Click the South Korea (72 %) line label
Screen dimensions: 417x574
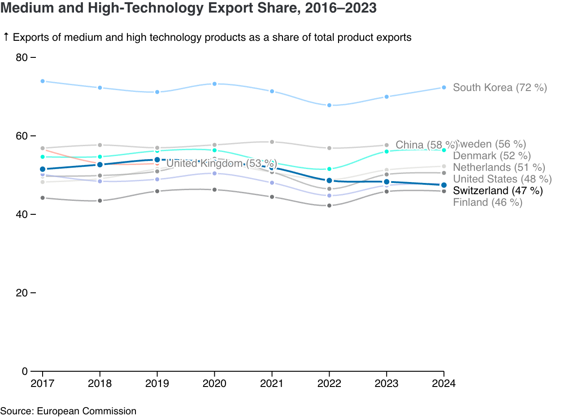click(x=500, y=87)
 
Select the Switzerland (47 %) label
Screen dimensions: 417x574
click(x=498, y=191)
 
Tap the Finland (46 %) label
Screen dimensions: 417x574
click(x=487, y=202)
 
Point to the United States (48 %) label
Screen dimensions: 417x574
click(x=502, y=179)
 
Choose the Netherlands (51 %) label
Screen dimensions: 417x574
click(x=499, y=167)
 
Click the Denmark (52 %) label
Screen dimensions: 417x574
click(x=492, y=156)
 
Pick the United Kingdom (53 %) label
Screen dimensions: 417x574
click(x=222, y=163)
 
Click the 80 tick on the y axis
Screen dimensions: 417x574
click(x=22, y=57)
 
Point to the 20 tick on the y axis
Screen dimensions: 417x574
click(x=22, y=293)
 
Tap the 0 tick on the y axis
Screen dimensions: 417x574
click(x=25, y=371)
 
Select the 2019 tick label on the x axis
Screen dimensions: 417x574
click(x=157, y=384)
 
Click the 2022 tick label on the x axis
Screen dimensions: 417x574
click(x=329, y=384)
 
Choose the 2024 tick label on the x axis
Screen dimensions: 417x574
click(x=444, y=384)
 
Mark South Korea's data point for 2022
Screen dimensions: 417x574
click(x=329, y=105)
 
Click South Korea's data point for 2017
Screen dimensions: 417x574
click(x=43, y=81)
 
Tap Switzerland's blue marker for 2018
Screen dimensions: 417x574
click(x=100, y=165)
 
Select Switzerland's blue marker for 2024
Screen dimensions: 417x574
click(x=444, y=185)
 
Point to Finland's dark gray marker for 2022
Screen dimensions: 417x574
click(x=329, y=206)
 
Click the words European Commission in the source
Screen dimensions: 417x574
click(x=87, y=411)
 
